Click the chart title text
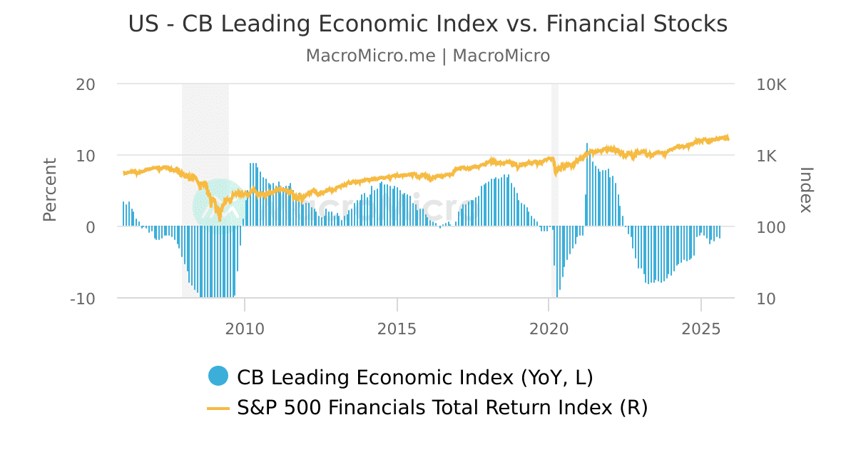point(428,24)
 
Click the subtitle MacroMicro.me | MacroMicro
point(428,56)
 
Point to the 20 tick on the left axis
point(86,84)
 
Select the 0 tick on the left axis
point(91,227)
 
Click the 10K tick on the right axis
point(771,84)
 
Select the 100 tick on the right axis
point(771,227)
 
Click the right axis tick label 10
point(766,299)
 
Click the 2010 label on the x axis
point(245,329)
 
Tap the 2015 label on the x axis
point(397,329)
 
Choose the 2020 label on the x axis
point(549,329)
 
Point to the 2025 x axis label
point(700,329)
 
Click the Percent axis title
point(49,190)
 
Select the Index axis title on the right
point(806,190)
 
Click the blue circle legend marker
point(218,376)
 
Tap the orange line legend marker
point(218,408)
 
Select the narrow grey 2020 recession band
point(554,129)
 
